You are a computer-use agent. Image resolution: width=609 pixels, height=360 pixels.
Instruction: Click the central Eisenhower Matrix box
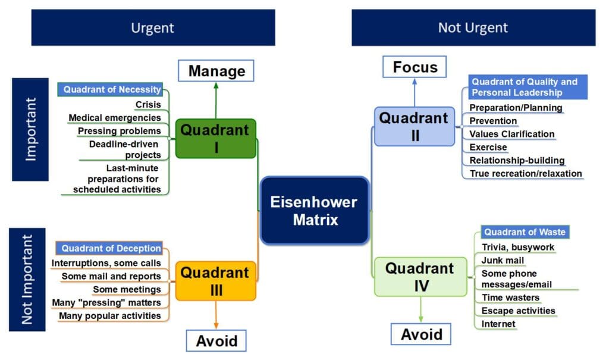[x=314, y=211]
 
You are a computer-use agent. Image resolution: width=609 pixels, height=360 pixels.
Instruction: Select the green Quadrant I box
[x=216, y=138]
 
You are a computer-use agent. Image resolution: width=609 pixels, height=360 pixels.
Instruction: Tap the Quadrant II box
[x=415, y=126]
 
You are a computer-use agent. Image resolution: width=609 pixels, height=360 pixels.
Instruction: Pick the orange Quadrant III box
[x=215, y=280]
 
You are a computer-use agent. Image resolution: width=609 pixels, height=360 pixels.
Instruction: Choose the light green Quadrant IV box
[x=420, y=277]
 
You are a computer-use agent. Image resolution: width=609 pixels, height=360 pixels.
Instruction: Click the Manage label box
[x=216, y=71]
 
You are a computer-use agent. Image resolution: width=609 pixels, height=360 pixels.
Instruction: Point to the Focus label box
[x=415, y=67]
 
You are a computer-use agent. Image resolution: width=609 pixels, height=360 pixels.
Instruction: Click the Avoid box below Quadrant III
[x=216, y=341]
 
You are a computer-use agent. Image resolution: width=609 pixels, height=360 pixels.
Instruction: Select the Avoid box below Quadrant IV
[x=421, y=334]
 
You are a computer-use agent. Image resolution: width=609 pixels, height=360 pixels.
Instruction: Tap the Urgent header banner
[x=153, y=27]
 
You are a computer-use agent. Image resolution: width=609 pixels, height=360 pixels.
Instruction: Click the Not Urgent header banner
[x=473, y=27]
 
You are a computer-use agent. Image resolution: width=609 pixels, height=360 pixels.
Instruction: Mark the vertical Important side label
[x=30, y=129]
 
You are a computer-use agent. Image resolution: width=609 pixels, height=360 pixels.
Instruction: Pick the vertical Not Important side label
[x=27, y=279]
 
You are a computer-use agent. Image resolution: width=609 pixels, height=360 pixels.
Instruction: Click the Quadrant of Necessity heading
[x=112, y=90]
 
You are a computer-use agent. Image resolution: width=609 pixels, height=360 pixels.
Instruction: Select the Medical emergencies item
[x=114, y=118]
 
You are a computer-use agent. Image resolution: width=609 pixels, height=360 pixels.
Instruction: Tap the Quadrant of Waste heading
[x=523, y=232]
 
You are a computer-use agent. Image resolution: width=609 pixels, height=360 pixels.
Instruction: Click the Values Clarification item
[x=511, y=134]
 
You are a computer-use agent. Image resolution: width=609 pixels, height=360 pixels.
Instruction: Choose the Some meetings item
[x=127, y=289]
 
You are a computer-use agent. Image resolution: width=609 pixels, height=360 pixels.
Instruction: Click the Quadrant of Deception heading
[x=111, y=248]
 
